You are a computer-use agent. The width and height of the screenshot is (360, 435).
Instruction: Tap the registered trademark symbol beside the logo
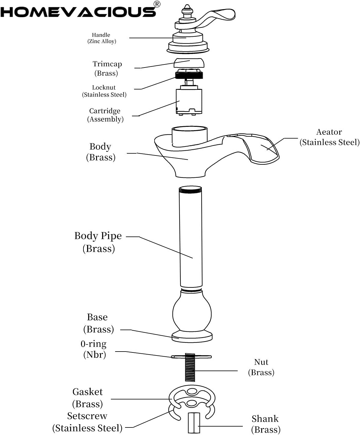point(157,4)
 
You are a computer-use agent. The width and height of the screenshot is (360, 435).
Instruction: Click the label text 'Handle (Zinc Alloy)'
point(102,38)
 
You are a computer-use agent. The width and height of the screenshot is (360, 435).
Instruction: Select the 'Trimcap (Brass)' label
point(107,69)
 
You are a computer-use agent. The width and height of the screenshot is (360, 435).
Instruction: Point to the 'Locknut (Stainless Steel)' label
point(104,91)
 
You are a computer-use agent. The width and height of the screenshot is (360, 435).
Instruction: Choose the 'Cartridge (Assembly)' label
point(105,115)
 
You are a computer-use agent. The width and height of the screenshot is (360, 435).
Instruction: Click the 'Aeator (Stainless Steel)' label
point(329,137)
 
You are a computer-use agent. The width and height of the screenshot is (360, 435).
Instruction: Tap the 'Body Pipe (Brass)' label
point(98,242)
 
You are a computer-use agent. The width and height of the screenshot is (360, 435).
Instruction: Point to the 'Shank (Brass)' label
point(266,424)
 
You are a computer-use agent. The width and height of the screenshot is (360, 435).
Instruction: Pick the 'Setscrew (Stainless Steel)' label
point(87,422)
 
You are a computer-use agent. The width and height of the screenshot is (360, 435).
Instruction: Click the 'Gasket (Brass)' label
point(87,398)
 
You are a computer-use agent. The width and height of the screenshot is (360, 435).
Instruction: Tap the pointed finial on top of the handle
point(187,9)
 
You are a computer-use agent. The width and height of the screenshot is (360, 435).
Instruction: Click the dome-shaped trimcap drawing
point(189,63)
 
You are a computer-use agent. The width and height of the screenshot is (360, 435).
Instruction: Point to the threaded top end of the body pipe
point(190,189)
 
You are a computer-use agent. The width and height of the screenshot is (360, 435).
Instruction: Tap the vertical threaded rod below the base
point(190,368)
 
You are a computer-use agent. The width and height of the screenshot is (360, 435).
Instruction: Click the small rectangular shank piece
point(194,423)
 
